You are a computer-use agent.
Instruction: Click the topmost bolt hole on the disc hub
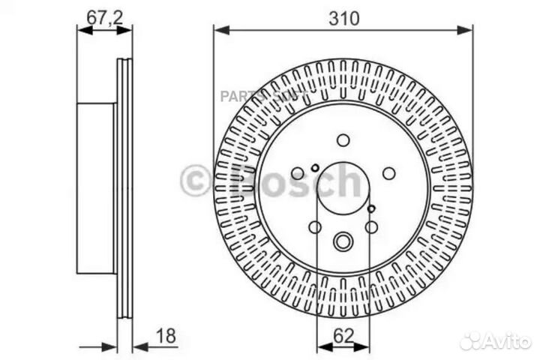tap(343, 140)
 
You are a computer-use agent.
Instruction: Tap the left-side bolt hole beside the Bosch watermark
tap(298, 173)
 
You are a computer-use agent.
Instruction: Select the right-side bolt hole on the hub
tap(388, 173)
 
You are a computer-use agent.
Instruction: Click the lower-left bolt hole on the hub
tap(315, 226)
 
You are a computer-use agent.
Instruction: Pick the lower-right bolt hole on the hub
tap(371, 226)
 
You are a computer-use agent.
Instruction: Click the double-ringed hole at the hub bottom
tap(343, 241)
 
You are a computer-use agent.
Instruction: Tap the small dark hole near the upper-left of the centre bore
tap(316, 166)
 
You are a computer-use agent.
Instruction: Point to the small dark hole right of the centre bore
tap(372, 208)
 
